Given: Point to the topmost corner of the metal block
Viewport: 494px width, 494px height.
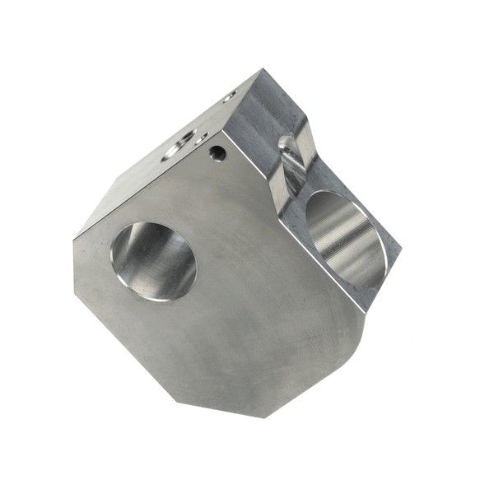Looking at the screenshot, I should pyautogui.click(x=263, y=70).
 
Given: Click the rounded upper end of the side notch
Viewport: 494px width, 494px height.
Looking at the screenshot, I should pyautogui.click(x=288, y=144).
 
